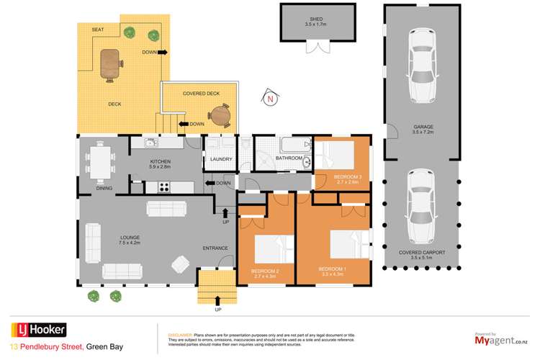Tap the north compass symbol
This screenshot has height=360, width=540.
tap(270, 99)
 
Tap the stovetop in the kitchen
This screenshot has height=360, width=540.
tap(164, 187)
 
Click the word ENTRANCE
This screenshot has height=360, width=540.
tap(215, 248)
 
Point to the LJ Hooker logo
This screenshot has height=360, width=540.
tap(37, 330)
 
